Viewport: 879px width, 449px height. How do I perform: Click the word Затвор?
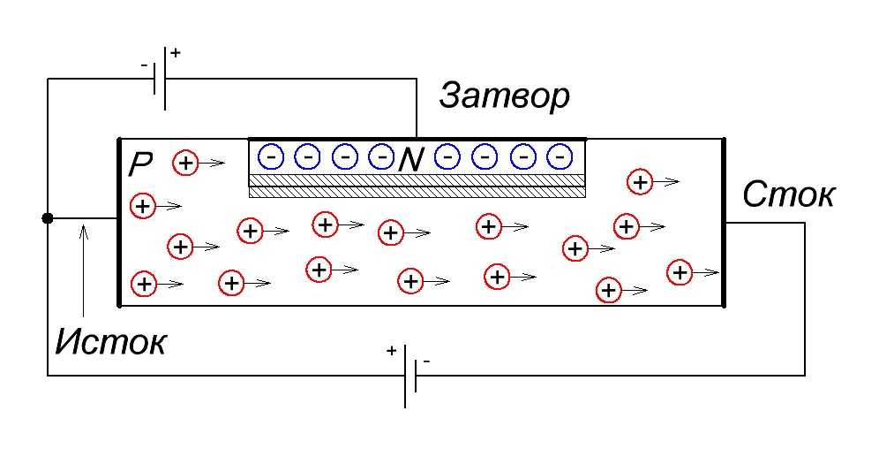pyautogui.click(x=504, y=96)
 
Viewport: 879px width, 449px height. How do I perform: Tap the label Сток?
pyautogui.click(x=788, y=194)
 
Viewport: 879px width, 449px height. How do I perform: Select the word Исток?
pyautogui.click(x=110, y=340)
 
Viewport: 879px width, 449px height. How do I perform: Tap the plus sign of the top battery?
pyautogui.click(x=175, y=53)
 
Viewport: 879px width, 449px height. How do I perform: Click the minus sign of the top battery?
pyautogui.click(x=144, y=65)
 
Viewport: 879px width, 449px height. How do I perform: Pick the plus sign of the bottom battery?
pyautogui.click(x=392, y=350)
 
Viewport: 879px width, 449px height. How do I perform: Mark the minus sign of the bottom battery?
pyautogui.click(x=426, y=361)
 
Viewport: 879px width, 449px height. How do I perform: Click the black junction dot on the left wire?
pyautogui.click(x=48, y=218)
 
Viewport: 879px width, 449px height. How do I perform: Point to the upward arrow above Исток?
pyautogui.click(x=83, y=265)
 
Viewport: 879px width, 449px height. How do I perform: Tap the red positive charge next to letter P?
pyautogui.click(x=185, y=163)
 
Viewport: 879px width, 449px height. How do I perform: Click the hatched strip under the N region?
pyautogui.click(x=417, y=185)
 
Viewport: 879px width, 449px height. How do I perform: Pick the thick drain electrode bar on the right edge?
pyautogui.click(x=723, y=222)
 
